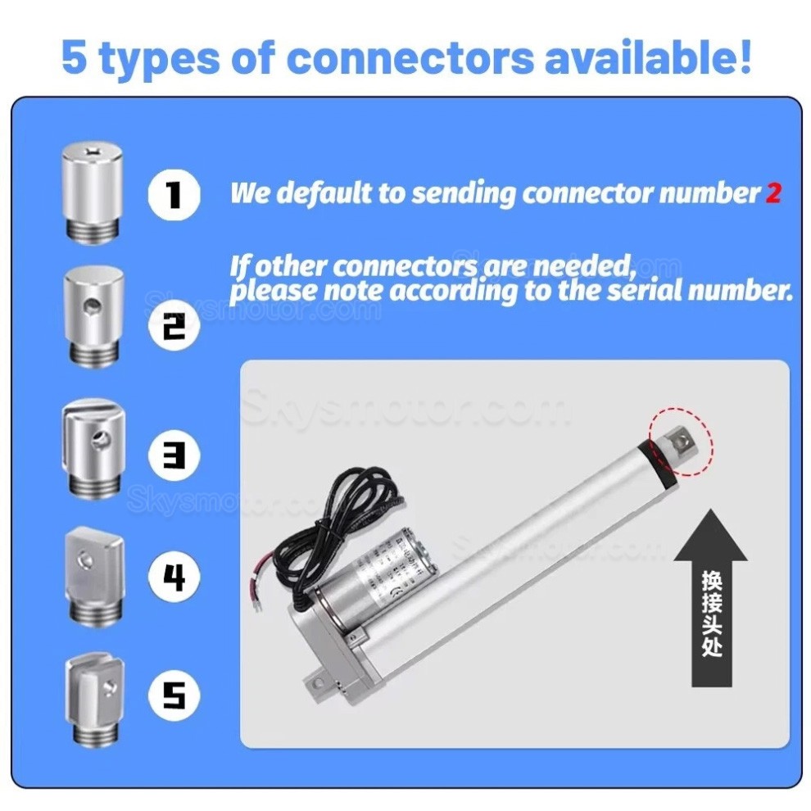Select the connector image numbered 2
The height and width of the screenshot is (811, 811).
pyautogui.click(x=93, y=316)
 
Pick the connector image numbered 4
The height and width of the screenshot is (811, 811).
pyautogui.click(x=93, y=577)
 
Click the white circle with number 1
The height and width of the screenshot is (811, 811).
pyautogui.click(x=174, y=194)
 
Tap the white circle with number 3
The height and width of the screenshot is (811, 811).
pyautogui.click(x=174, y=453)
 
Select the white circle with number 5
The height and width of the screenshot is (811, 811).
pyautogui.click(x=174, y=695)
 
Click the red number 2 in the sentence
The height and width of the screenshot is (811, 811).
pyautogui.click(x=772, y=193)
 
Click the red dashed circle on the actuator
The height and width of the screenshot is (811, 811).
pyautogui.click(x=681, y=443)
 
